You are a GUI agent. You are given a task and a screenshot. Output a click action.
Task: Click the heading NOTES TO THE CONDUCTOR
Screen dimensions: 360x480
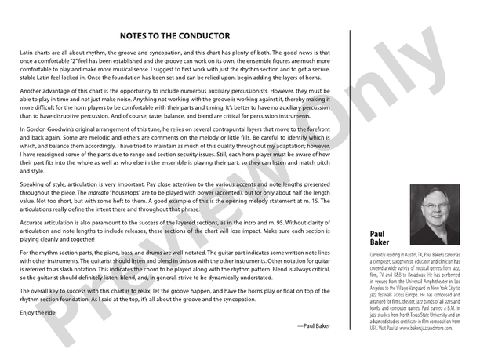[174, 35]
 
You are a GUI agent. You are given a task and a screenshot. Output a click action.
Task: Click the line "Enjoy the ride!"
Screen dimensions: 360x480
[37, 311]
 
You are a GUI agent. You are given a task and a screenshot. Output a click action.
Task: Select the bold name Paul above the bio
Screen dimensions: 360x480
[379, 234]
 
